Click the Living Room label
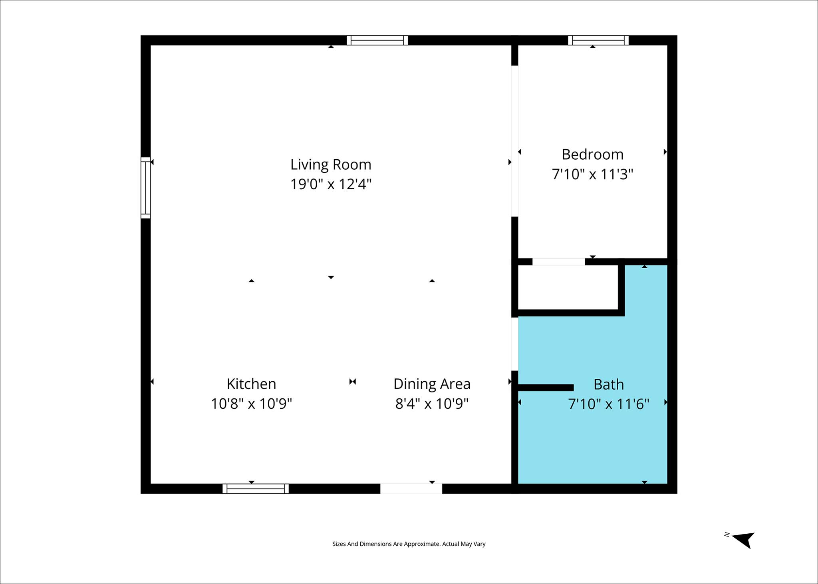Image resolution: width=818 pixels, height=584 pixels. tap(331, 164)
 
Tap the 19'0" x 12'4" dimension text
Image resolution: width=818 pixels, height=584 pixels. tap(331, 184)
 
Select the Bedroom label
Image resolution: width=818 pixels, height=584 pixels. tap(592, 154)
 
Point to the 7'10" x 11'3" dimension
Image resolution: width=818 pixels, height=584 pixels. tap(592, 174)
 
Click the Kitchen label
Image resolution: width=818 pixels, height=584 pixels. tap(251, 384)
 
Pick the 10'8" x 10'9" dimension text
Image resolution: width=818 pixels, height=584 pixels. tap(251, 404)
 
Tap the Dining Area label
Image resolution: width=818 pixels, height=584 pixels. tap(432, 384)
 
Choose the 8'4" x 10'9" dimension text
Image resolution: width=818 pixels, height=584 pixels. tap(432, 404)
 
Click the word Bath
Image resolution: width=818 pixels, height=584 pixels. tap(608, 385)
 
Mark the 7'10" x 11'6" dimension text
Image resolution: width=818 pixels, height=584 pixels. tap(608, 404)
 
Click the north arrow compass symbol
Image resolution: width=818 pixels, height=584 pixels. tap(743, 540)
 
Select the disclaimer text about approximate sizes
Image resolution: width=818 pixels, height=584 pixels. tap(409, 544)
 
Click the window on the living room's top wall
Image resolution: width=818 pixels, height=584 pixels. tap(377, 40)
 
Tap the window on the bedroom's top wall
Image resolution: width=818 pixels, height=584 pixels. tap(598, 40)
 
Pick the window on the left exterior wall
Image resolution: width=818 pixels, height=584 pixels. tap(146, 188)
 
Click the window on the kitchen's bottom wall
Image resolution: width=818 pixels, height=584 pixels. tap(256, 489)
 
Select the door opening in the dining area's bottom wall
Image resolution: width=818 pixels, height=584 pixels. tap(411, 489)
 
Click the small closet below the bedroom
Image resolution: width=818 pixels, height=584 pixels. tap(568, 287)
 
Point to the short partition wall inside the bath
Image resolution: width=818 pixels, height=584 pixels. tap(546, 388)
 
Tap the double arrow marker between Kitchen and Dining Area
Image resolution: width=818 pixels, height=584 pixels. tap(352, 382)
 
